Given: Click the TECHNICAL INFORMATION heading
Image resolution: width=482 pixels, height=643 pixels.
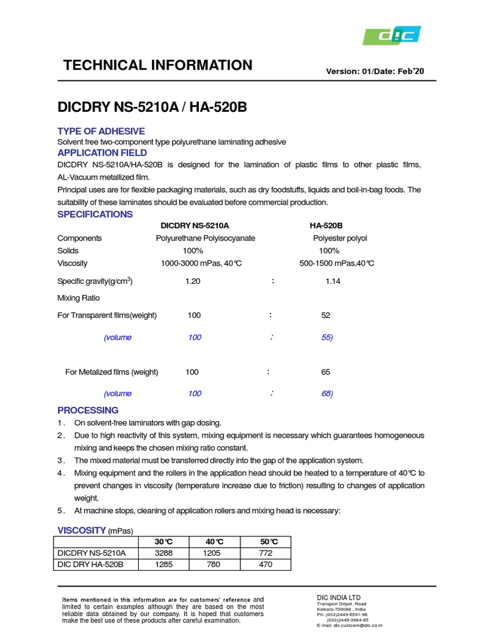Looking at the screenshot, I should click(x=158, y=65).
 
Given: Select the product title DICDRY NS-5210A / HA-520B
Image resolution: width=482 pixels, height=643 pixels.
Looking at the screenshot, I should click(x=152, y=107).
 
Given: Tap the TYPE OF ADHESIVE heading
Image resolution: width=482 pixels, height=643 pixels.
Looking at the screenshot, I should click(x=101, y=131).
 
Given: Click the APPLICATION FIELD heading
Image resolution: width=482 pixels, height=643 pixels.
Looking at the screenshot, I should click(x=102, y=153).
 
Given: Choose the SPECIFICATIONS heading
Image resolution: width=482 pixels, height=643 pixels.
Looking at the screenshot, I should click(x=95, y=214).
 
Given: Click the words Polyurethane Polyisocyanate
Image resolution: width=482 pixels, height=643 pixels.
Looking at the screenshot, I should click(x=205, y=239).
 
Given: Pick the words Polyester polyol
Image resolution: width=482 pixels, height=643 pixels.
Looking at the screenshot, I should click(x=340, y=239).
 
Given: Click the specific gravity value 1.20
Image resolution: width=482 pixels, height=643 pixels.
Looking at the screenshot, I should click(x=193, y=282).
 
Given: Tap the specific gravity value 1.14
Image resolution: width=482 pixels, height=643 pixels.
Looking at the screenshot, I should click(x=333, y=282).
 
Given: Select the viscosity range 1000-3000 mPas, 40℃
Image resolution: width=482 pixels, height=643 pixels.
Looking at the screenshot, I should click(x=202, y=263).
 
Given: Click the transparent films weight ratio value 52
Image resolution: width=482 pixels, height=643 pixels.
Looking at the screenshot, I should click(x=325, y=315).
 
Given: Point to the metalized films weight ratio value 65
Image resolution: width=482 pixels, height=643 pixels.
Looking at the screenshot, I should click(x=326, y=372).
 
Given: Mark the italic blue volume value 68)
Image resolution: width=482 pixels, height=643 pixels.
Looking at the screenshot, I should click(x=326, y=393).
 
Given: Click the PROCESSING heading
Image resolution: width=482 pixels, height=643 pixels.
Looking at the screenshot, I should click(x=88, y=410).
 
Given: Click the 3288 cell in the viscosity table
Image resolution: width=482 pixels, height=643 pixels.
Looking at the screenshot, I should click(x=164, y=553).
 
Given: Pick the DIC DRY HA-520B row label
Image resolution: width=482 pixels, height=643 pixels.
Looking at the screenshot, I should click(x=90, y=565).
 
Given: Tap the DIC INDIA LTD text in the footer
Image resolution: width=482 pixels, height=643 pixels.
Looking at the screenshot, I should click(x=339, y=597).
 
